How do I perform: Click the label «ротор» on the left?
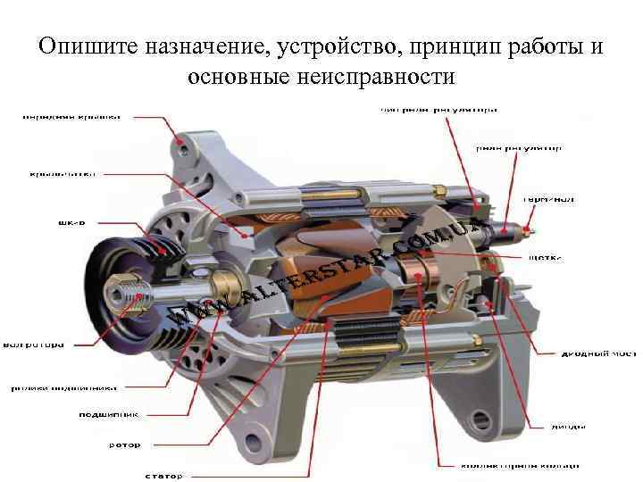pos(124,444)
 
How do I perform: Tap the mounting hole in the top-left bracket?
pos(182,140)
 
